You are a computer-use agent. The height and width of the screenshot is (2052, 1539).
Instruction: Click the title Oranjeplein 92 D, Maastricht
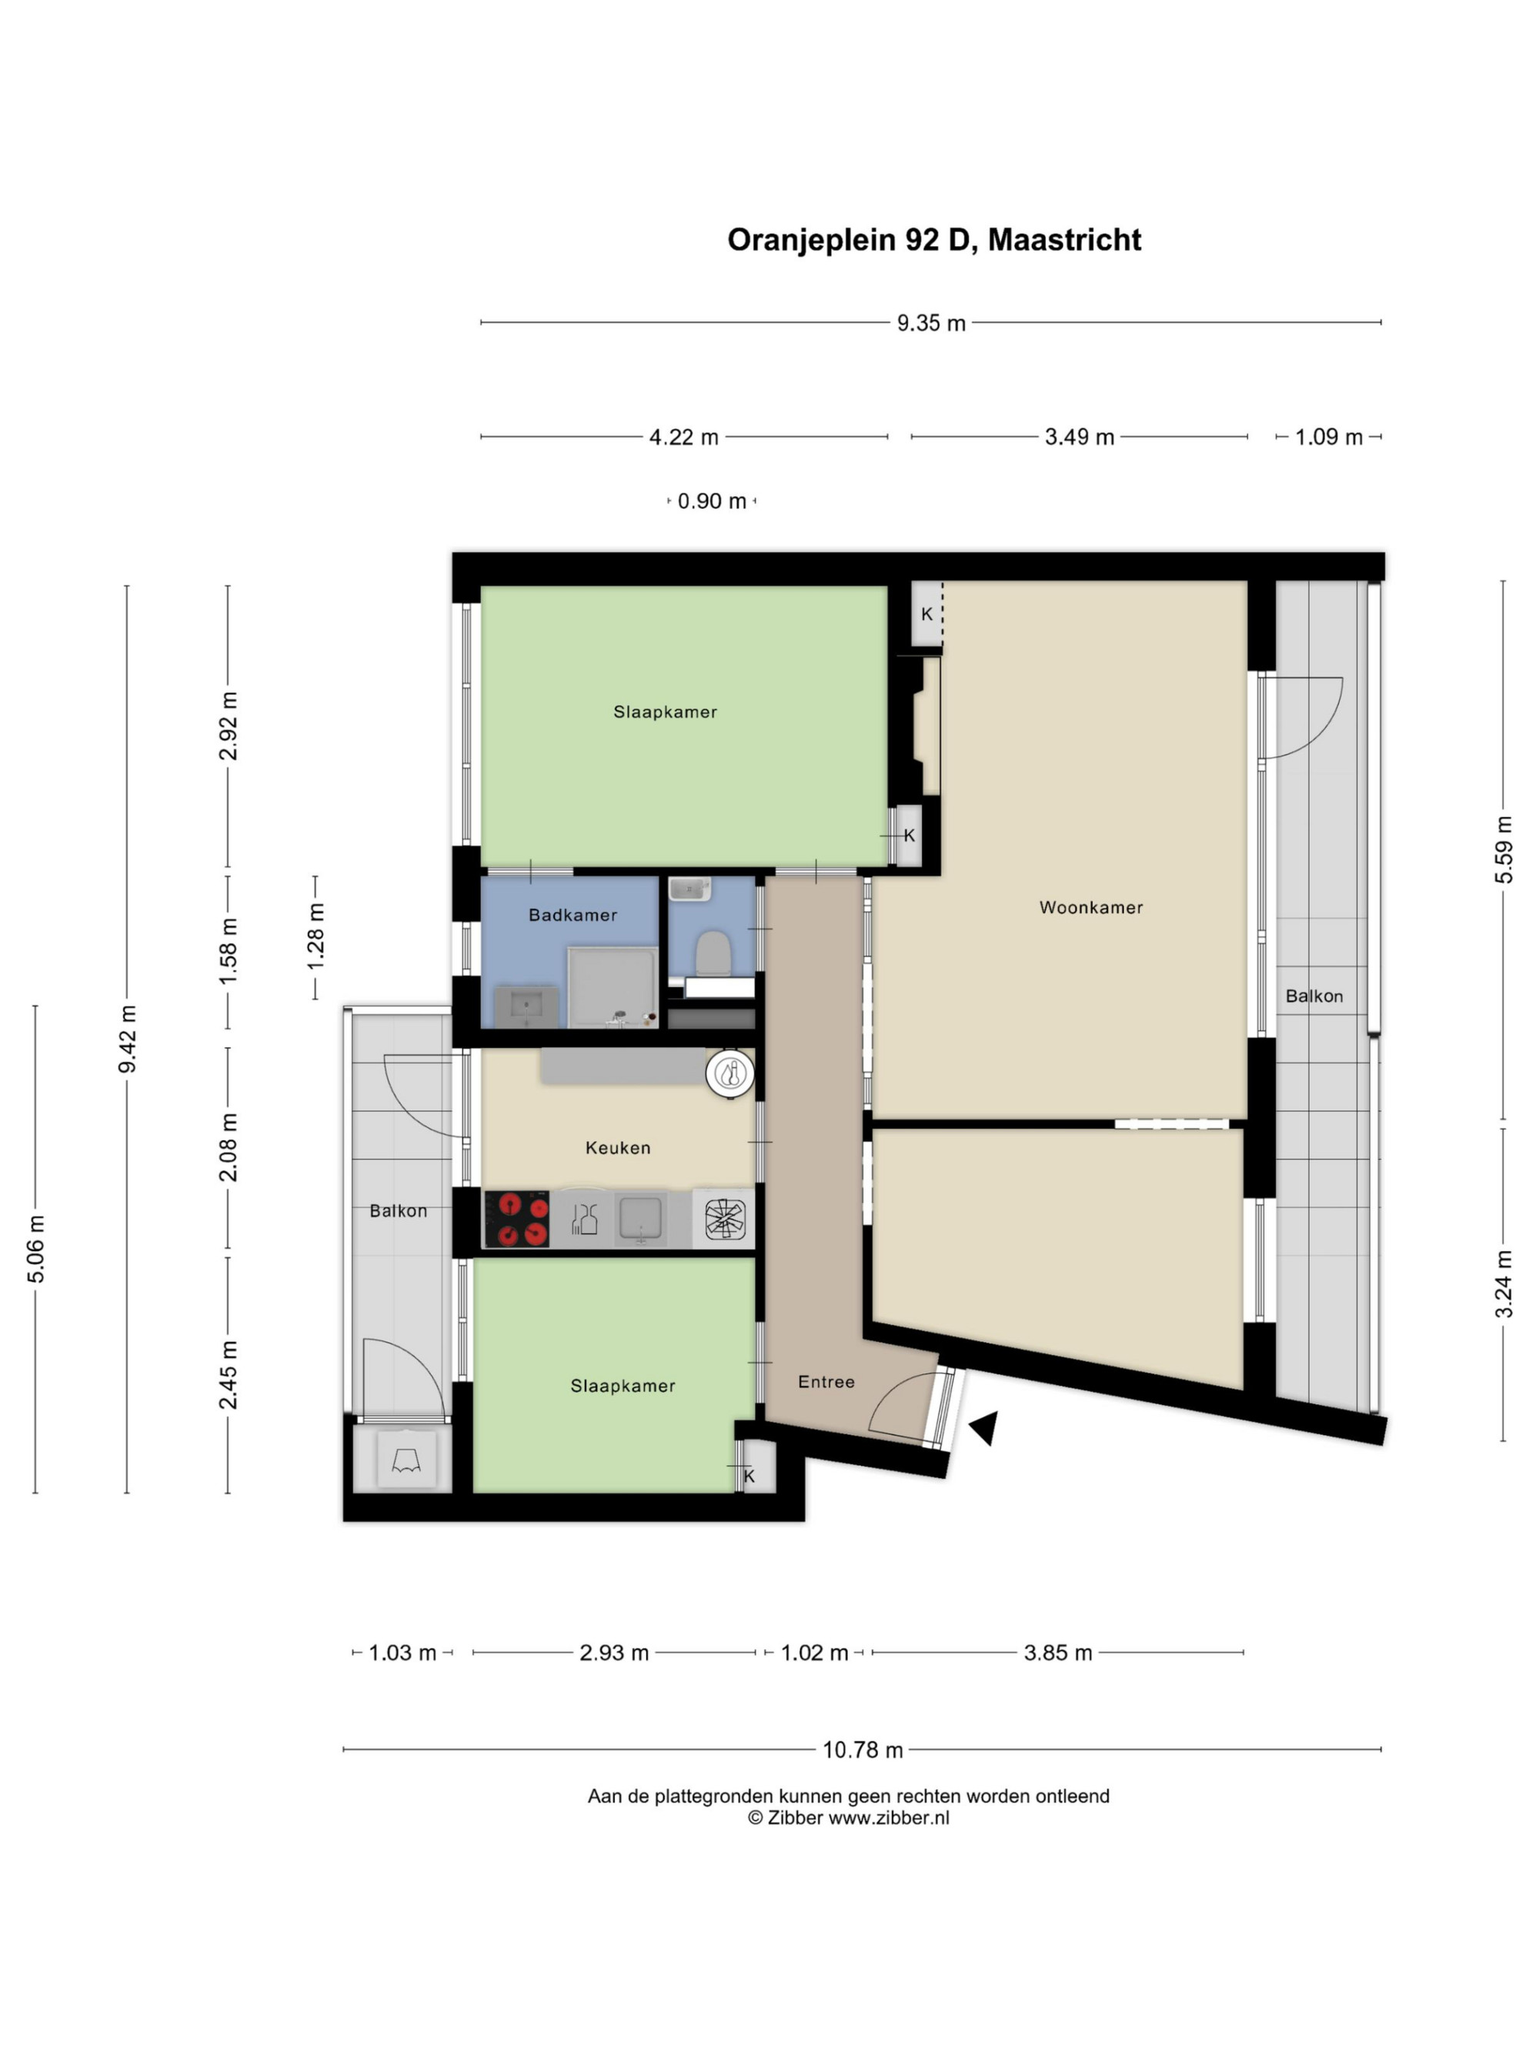tap(933, 239)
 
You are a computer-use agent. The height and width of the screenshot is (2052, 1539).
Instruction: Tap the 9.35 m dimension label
tap(930, 323)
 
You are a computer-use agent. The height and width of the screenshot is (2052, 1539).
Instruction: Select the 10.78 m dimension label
tap(863, 1750)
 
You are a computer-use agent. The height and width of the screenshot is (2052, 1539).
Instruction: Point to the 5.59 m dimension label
tap(1504, 849)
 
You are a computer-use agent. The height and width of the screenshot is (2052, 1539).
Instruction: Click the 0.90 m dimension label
tap(712, 501)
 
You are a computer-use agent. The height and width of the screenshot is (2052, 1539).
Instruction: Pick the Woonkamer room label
tap(1091, 907)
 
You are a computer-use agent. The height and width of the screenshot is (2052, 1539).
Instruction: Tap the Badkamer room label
tap(573, 915)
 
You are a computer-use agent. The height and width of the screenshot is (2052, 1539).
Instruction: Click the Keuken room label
tap(618, 1147)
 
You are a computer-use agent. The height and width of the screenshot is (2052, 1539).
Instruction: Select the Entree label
tap(826, 1381)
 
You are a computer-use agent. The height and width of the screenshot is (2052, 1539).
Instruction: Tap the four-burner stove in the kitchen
tap(516, 1219)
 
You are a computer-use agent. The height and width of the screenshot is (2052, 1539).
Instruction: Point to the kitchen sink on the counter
tap(640, 1219)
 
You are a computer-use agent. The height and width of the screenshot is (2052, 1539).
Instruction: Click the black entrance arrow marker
tap(985, 1428)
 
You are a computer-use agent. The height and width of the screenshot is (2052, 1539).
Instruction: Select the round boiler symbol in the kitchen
tap(731, 1074)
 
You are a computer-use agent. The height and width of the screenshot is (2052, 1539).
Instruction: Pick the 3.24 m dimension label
tap(1504, 1284)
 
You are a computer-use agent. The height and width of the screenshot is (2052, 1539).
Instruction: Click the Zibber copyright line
tap(848, 1818)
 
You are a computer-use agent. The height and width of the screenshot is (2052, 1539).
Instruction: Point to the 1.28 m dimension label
tap(316, 936)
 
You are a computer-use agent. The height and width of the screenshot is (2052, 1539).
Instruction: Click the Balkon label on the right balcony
tap(1314, 996)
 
